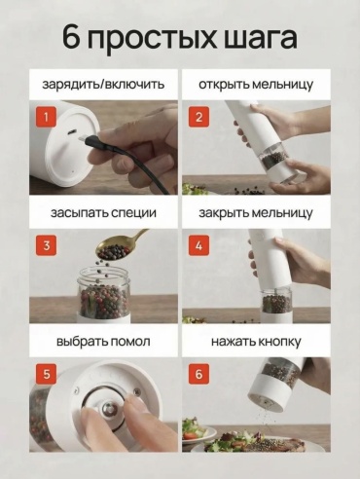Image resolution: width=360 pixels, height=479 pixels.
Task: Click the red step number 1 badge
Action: (46, 117)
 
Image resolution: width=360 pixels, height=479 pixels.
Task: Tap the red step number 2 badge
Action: (198, 117)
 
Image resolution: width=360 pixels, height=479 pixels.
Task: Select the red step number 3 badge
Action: (46, 245)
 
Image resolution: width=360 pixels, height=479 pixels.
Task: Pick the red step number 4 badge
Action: (198, 245)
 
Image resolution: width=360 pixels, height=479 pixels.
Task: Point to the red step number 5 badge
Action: (46, 374)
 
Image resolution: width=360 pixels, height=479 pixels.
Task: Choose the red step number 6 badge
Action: (198, 374)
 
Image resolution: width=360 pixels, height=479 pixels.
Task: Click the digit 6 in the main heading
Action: (71, 37)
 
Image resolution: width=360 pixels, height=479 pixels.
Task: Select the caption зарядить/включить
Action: (103, 85)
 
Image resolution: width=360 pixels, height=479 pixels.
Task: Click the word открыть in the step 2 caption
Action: (223, 85)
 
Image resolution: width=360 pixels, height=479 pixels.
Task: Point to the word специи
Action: (133, 213)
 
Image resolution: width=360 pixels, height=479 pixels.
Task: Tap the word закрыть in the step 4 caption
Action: (223, 213)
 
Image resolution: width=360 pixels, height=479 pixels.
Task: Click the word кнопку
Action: (279, 342)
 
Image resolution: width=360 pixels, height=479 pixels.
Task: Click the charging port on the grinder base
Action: (72, 132)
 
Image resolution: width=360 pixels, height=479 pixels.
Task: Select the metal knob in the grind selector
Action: (109, 410)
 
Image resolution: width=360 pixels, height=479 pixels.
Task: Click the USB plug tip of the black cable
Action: (83, 138)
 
